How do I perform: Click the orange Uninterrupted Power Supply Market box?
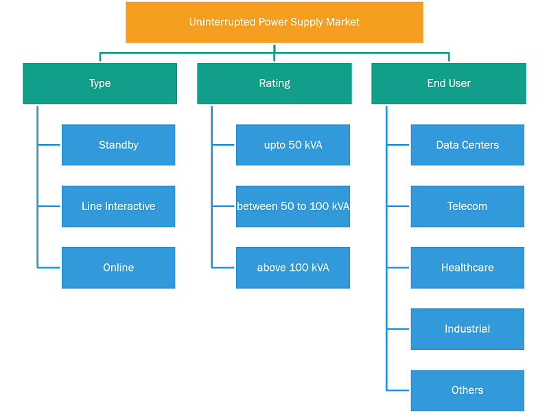click(274, 23)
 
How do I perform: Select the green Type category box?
click(100, 84)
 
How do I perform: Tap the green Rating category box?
click(274, 84)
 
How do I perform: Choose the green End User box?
click(449, 84)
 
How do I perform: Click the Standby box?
click(118, 145)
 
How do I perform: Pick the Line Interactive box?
click(118, 206)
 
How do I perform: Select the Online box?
click(118, 268)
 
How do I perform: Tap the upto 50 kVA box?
click(293, 145)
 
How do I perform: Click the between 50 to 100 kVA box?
click(293, 206)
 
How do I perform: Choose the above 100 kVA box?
click(293, 268)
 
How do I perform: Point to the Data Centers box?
click(467, 145)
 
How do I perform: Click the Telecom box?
click(467, 206)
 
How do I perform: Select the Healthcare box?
click(467, 268)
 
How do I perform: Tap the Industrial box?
click(467, 329)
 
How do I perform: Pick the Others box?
click(467, 390)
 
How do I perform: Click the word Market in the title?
click(342, 22)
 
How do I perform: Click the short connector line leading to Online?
click(49, 268)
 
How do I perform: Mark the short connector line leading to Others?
click(398, 390)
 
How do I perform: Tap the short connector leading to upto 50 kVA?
click(223, 145)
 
